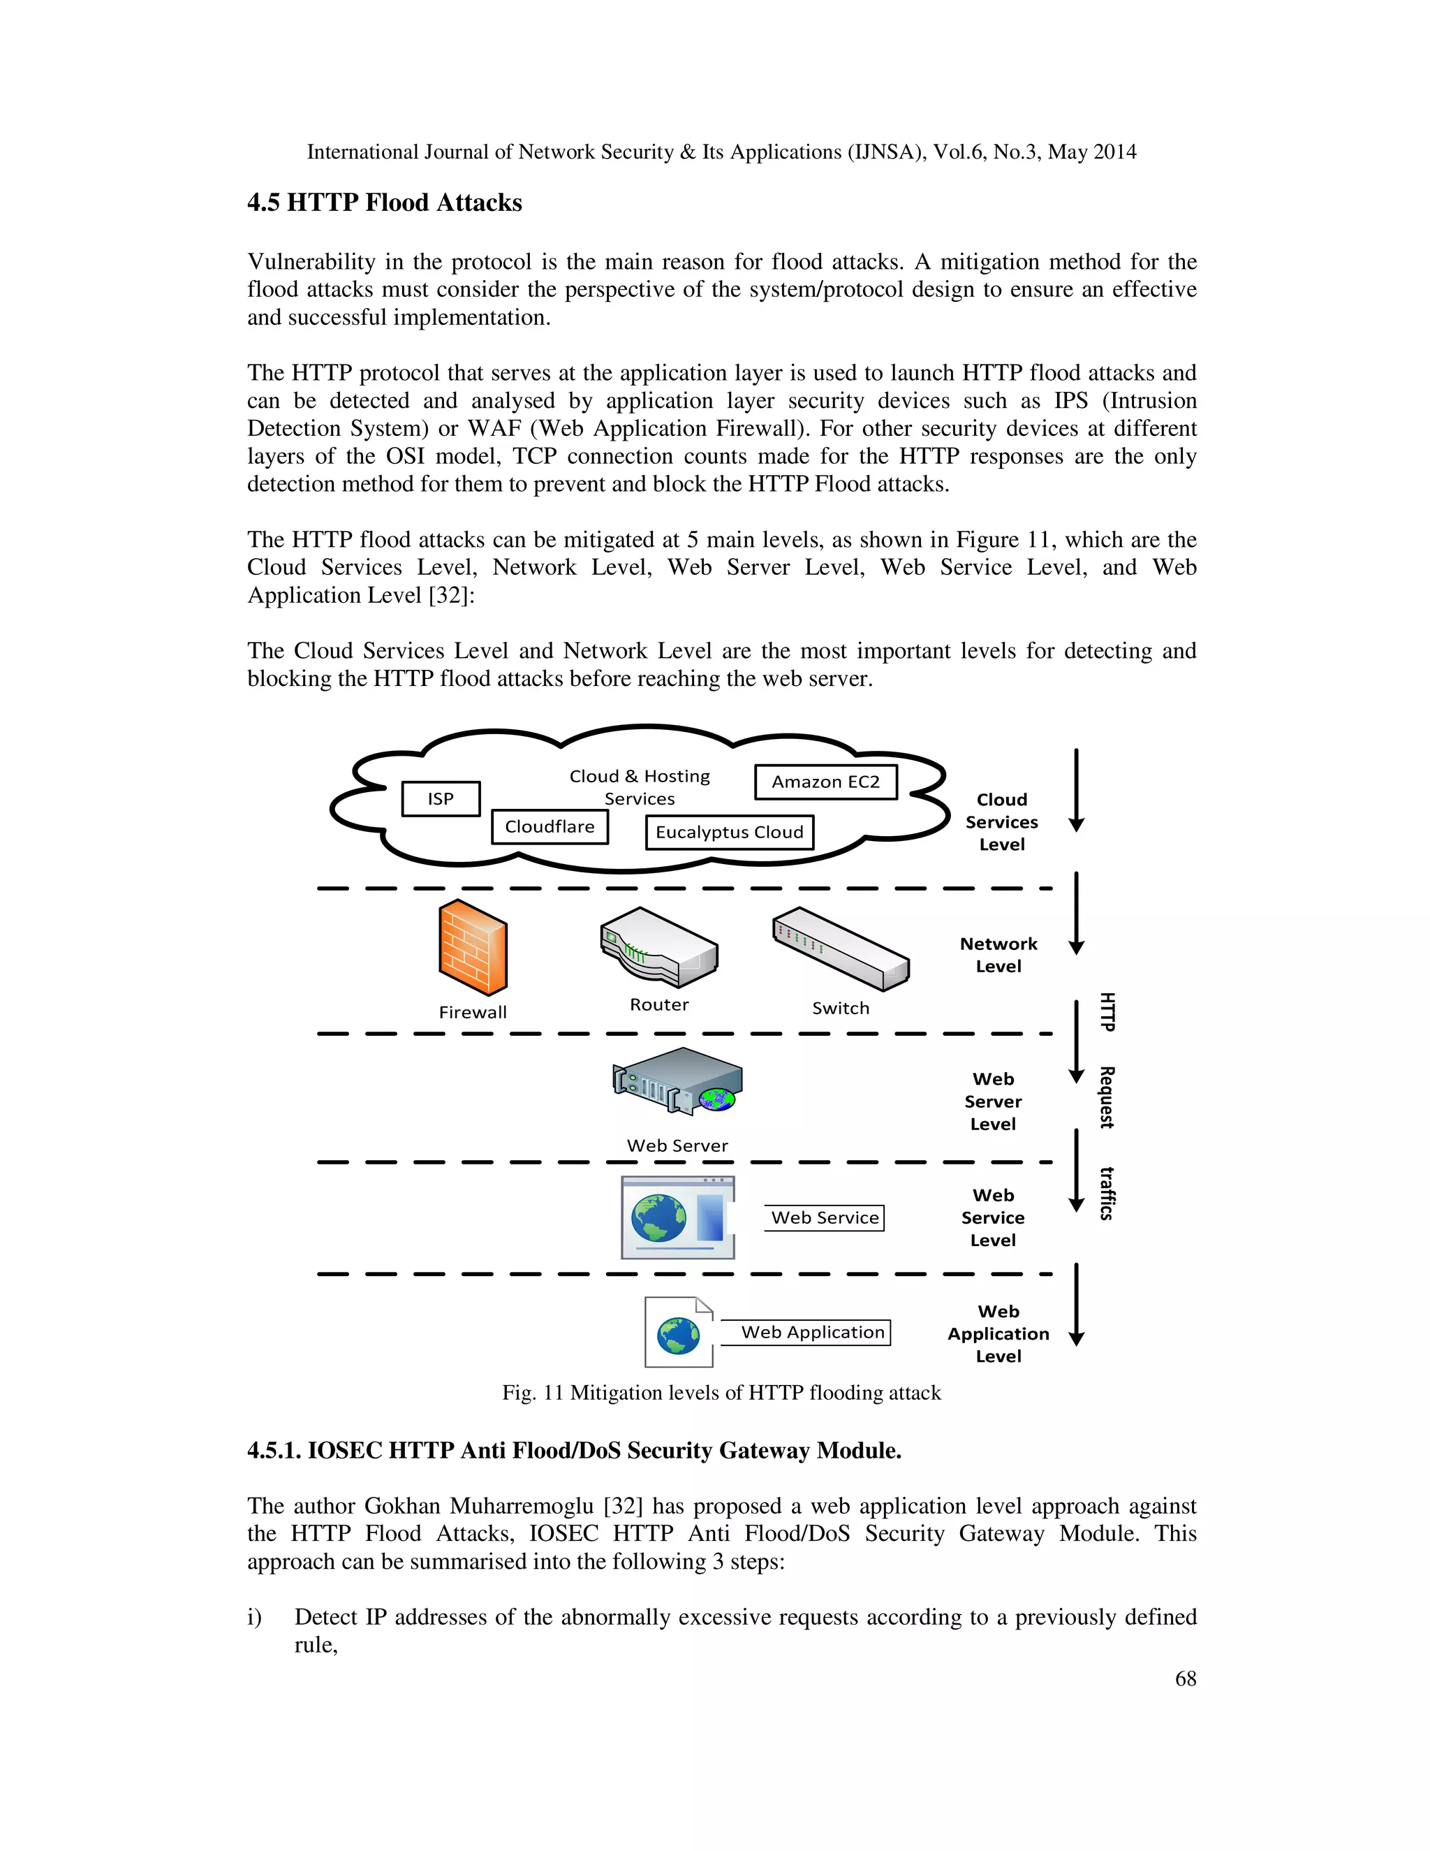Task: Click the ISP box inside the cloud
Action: click(441, 798)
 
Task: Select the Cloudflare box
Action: click(550, 826)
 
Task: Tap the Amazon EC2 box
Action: click(825, 782)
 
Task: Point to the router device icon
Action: click(659, 948)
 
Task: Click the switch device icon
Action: click(841, 949)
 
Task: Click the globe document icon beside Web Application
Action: click(679, 1332)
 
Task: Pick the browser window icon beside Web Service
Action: click(678, 1217)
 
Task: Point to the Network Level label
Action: click(998, 955)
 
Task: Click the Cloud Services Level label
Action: click(1001, 822)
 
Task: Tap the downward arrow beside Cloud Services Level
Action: click(1076, 790)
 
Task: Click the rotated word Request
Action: click(1107, 1097)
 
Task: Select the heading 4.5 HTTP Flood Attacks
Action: click(385, 203)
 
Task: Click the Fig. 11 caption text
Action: click(721, 1393)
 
